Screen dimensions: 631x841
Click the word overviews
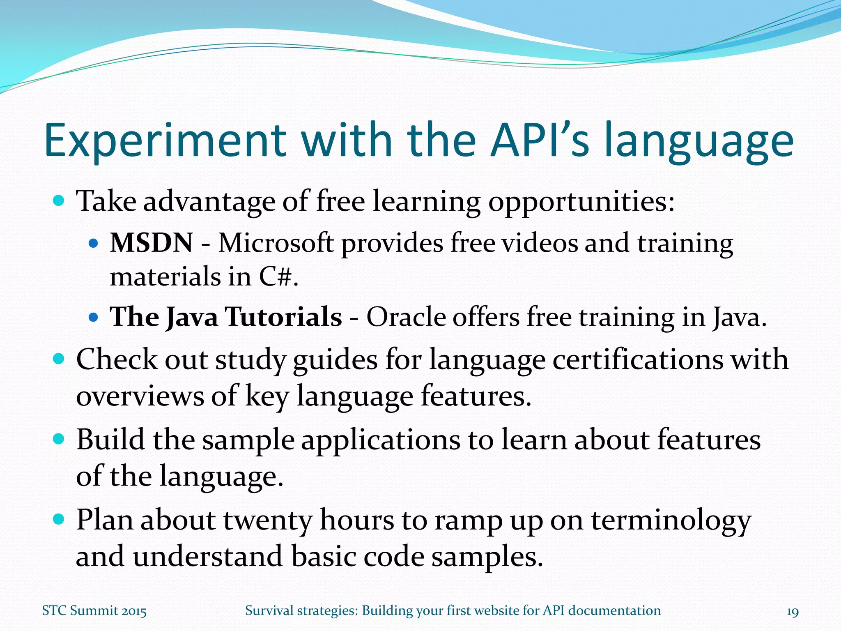140,396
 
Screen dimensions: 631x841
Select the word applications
381,439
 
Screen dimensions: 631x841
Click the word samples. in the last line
487,556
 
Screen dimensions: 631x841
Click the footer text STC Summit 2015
94,611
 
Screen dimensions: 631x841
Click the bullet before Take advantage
59,201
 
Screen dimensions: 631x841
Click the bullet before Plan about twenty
59,520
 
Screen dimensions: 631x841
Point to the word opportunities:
581,202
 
